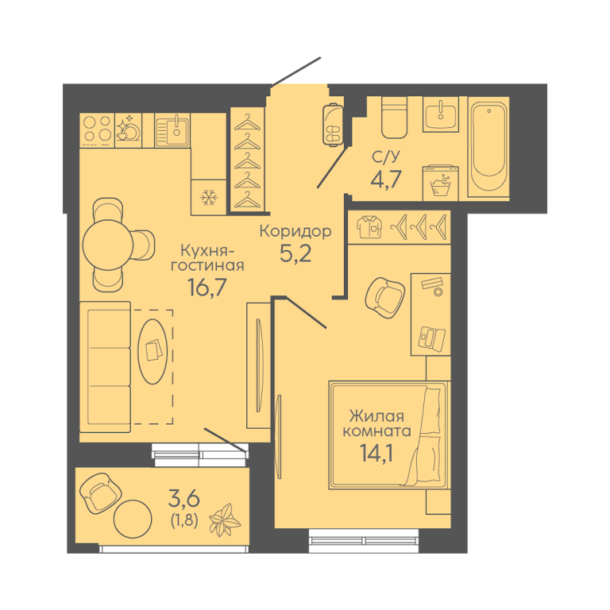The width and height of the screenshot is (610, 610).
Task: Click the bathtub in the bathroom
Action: pos(488,147)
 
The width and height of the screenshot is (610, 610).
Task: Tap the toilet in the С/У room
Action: pos(394,118)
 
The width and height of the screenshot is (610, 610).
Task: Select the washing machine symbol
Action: pos(440,183)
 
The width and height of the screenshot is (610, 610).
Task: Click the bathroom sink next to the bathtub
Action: pos(441,114)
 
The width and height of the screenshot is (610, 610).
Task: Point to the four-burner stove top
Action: pos(97,130)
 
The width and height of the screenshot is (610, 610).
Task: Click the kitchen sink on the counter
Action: pos(172,130)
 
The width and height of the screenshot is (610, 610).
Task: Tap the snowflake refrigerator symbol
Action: pos(209,198)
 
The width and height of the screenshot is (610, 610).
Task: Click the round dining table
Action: pos(108,245)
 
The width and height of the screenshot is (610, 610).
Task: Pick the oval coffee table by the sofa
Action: pos(153,351)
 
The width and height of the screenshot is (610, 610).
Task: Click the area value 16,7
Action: pos(207,287)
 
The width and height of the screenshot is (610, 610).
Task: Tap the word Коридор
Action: pos(295,231)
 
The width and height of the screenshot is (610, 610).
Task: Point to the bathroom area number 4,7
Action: pos(386,179)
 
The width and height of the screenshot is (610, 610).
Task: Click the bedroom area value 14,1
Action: pos(376,453)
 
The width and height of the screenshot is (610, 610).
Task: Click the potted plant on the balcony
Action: pos(225,519)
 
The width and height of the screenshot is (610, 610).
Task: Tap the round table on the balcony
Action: pos(133,519)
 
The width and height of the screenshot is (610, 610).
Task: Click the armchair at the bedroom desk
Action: pos(384,297)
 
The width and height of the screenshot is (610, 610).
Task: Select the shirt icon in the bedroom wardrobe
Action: pos(369,227)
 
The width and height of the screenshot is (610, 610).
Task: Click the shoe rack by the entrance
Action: pos(333,124)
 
